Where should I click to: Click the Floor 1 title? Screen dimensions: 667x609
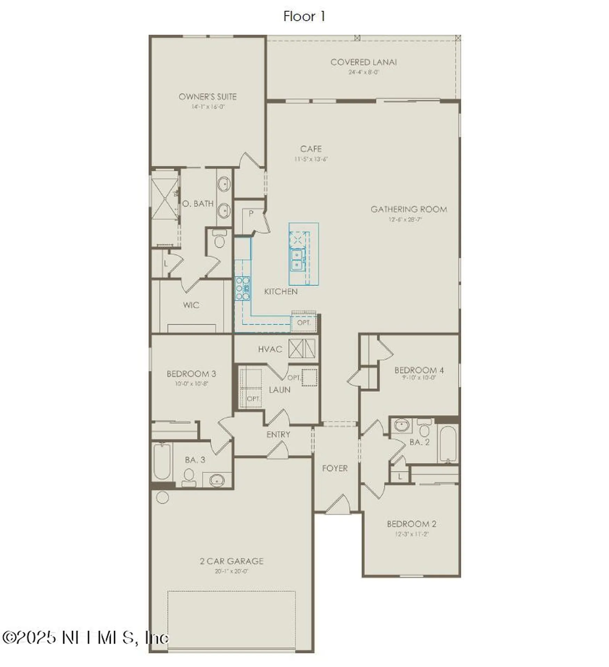click(304, 16)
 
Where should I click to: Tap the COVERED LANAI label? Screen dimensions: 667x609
click(363, 62)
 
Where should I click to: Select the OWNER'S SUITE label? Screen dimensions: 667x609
click(207, 97)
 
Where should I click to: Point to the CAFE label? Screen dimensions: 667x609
click(311, 149)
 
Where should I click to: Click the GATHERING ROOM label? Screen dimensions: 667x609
click(409, 209)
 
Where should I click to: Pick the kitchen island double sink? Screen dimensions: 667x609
click(296, 260)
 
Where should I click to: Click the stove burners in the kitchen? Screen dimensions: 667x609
click(242, 288)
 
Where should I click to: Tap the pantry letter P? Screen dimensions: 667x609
click(251, 213)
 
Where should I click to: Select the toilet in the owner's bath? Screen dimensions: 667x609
click(219, 239)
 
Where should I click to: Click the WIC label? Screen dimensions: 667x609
click(191, 305)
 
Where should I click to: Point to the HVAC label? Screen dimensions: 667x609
click(270, 349)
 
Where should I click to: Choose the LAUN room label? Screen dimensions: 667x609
click(279, 390)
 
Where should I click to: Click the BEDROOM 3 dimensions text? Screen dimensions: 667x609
click(191, 384)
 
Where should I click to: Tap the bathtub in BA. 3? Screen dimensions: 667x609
click(162, 461)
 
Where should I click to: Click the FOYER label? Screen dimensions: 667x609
click(335, 468)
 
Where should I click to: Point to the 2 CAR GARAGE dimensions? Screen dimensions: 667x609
click(231, 571)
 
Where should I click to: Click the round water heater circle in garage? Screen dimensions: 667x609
click(163, 497)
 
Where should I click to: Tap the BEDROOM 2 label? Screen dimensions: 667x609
click(411, 524)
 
